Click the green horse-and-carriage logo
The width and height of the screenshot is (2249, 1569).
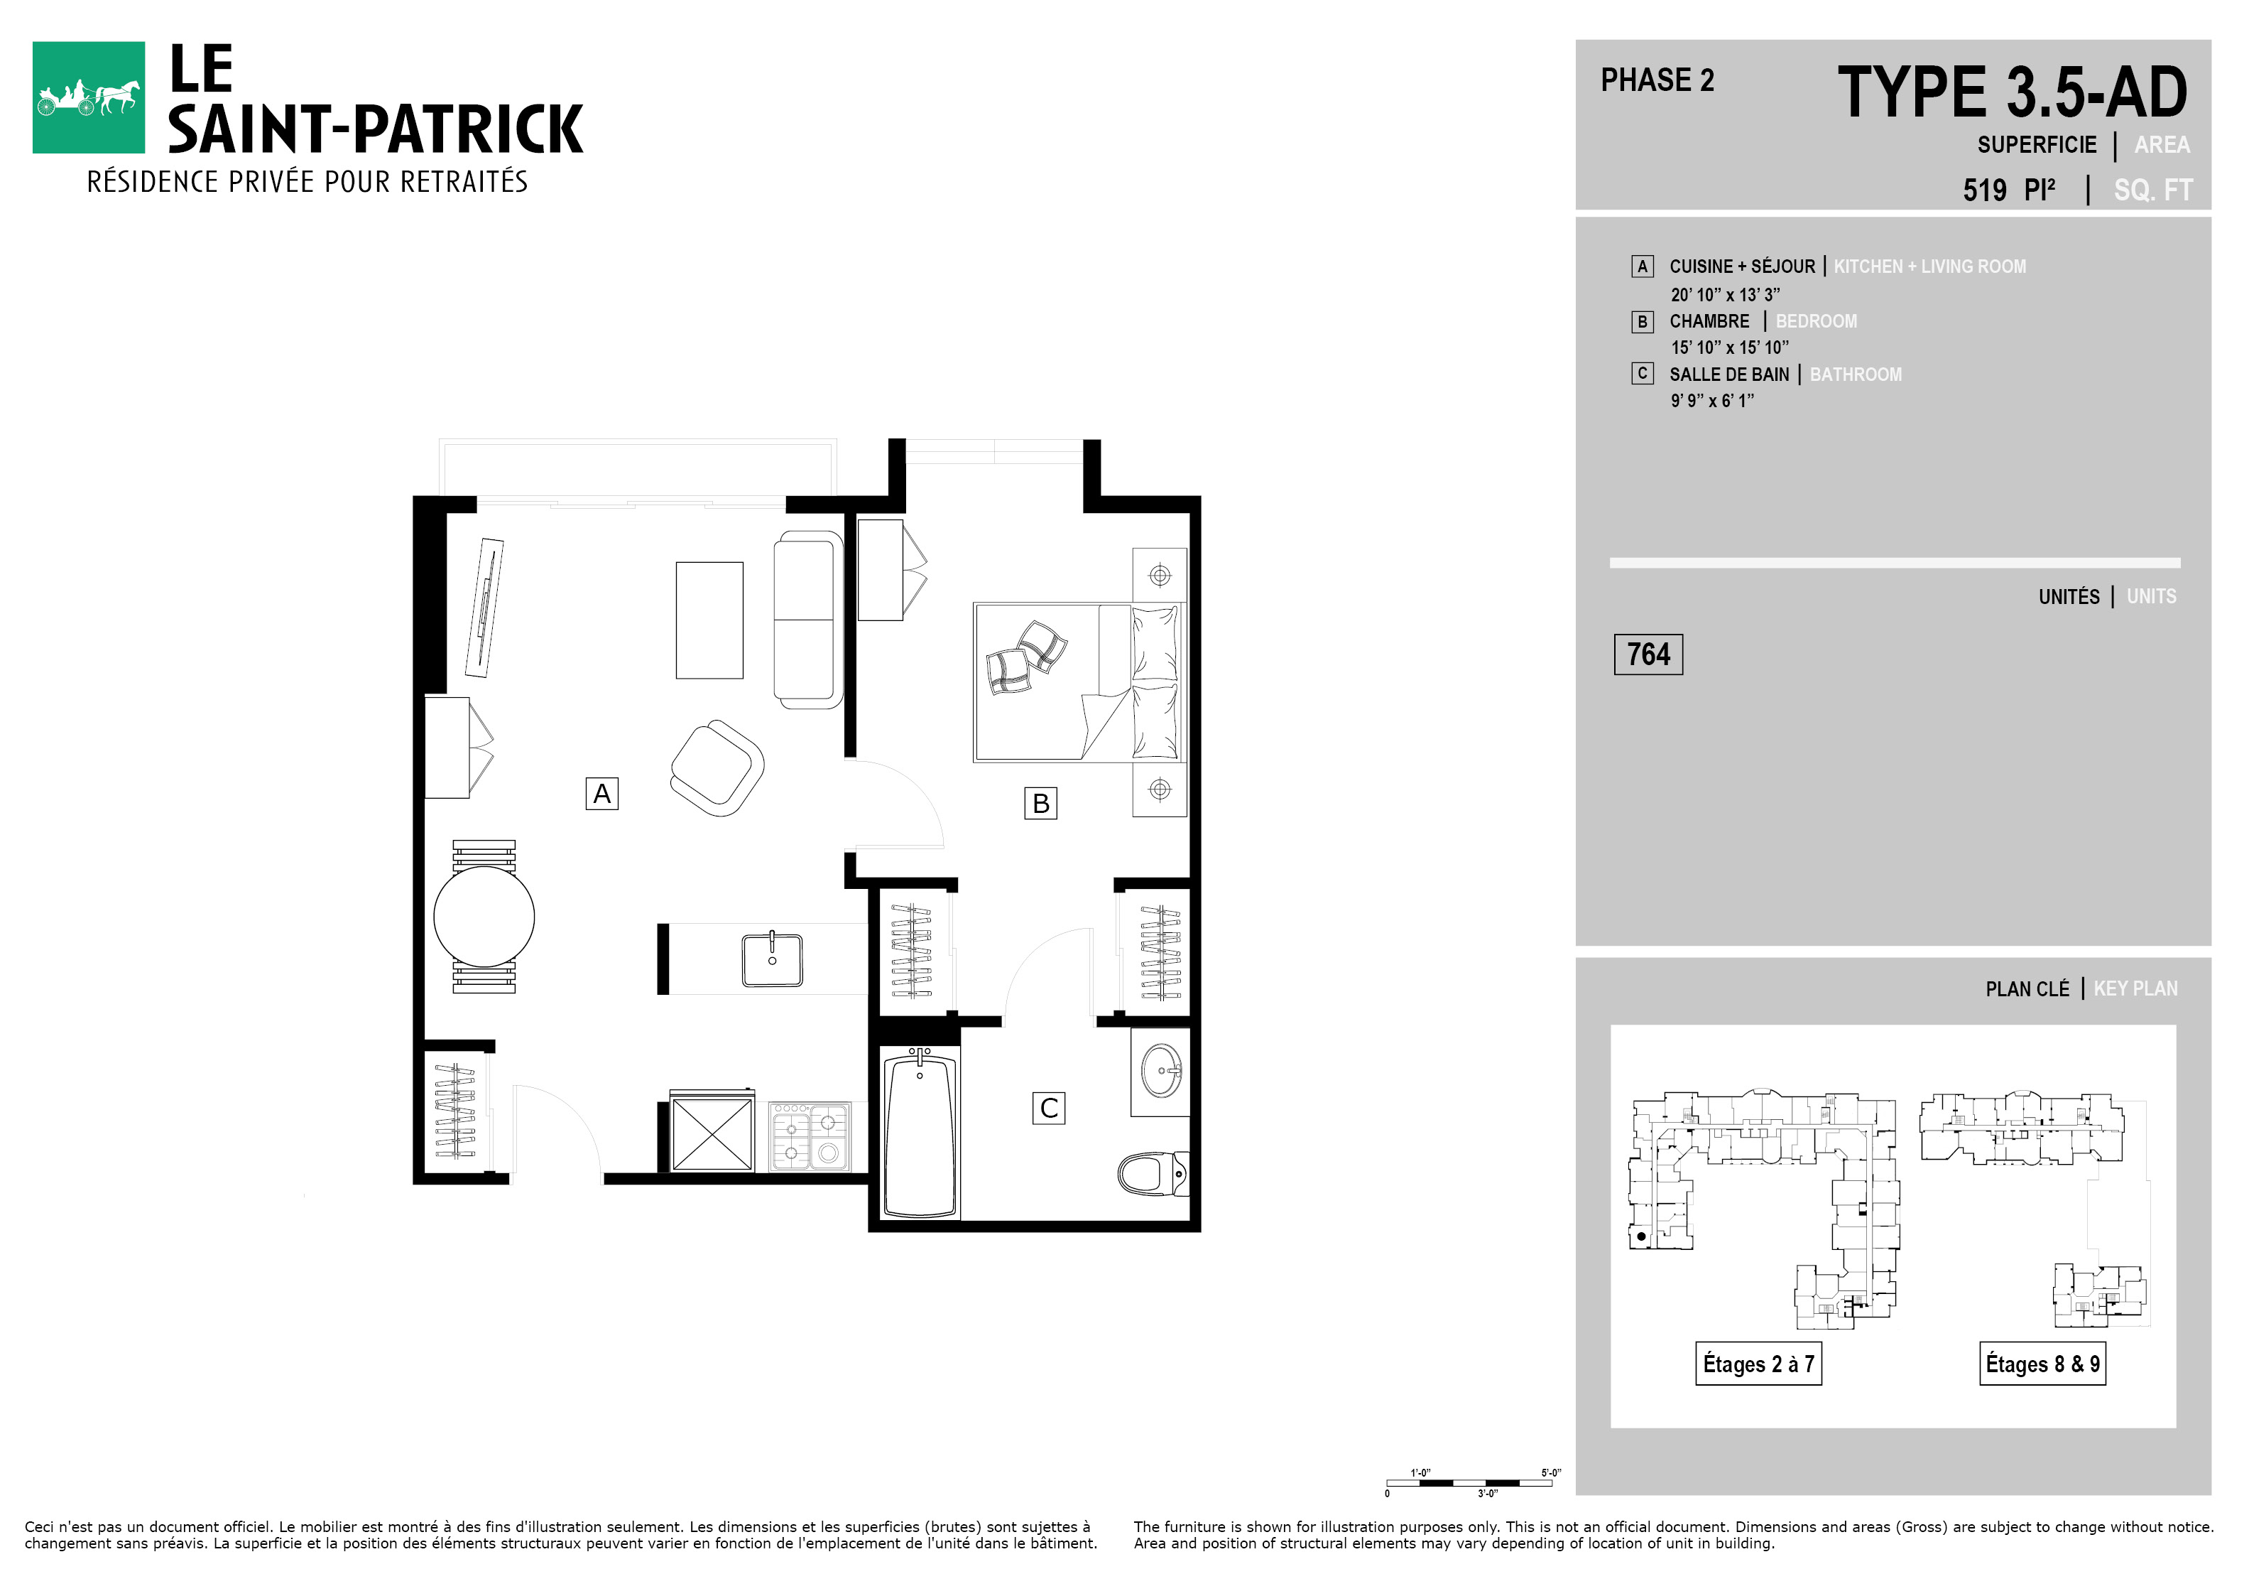[88, 97]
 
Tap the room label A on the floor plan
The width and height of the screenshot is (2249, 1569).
[601, 793]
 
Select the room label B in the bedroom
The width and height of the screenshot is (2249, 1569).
[1040, 803]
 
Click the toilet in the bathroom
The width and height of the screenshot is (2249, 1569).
[1153, 1173]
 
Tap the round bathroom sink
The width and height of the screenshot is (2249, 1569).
[1162, 1070]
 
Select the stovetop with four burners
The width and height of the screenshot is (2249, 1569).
[810, 1136]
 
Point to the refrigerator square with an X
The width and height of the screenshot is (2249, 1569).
[712, 1134]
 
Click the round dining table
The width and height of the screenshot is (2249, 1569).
[484, 916]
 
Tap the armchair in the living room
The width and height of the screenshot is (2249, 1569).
[718, 768]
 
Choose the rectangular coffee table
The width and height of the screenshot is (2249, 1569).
[709, 620]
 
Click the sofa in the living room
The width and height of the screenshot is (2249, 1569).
[808, 620]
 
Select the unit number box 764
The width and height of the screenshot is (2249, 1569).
[1648, 654]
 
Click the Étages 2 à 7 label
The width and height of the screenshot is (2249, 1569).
[1758, 1363]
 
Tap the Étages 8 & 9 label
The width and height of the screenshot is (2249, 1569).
[2042, 1363]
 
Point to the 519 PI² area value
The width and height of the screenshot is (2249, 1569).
[2009, 189]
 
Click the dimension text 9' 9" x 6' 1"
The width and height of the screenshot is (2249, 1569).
[1712, 400]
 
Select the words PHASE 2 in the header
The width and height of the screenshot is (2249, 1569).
[1657, 80]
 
